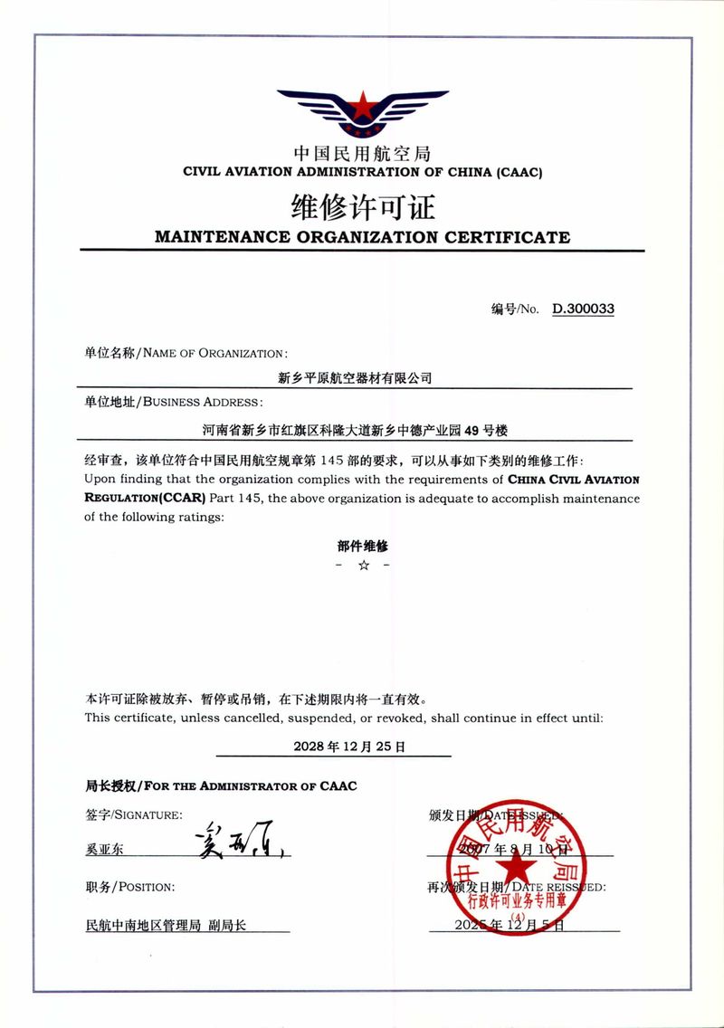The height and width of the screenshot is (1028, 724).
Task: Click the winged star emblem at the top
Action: click(362, 113)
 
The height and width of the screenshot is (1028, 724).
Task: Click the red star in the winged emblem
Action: click(362, 108)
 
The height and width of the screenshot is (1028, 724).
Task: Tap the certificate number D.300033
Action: click(584, 309)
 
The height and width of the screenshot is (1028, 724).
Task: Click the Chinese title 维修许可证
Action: click(362, 207)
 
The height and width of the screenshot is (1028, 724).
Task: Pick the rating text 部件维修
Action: click(362, 546)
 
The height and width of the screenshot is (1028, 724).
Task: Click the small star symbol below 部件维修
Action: click(362, 566)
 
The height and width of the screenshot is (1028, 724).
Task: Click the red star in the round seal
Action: click(518, 868)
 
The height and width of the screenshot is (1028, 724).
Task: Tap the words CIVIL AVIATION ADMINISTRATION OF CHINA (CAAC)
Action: click(362, 171)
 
